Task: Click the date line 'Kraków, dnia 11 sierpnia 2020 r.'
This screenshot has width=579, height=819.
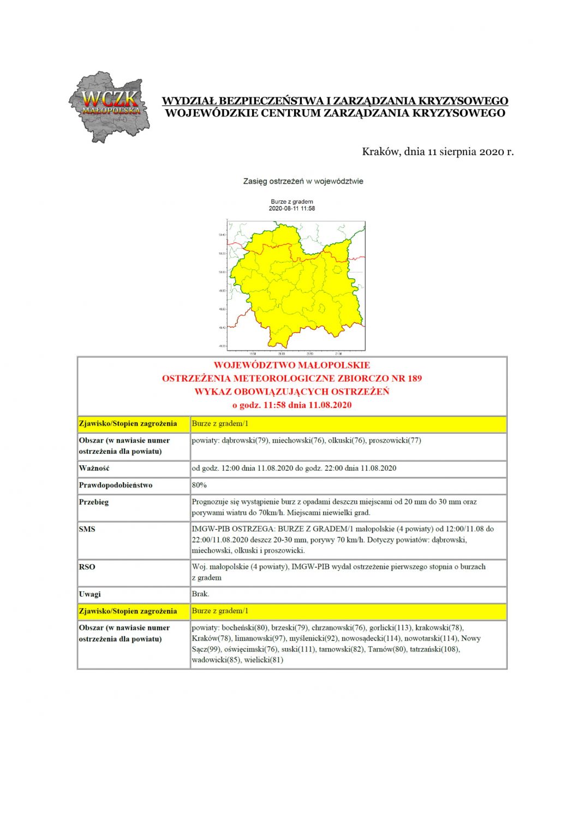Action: click(x=438, y=151)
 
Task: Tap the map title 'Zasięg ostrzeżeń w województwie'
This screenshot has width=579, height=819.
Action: click(x=303, y=181)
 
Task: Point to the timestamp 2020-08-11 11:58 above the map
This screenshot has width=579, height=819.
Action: click(x=292, y=209)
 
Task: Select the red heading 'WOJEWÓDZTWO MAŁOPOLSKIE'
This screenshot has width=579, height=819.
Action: click(x=291, y=365)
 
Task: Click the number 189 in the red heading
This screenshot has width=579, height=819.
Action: click(x=414, y=378)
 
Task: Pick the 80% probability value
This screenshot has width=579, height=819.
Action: click(x=199, y=485)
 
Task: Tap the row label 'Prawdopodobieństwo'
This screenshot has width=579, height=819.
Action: click(x=116, y=485)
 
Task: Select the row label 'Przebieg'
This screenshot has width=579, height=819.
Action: click(x=94, y=502)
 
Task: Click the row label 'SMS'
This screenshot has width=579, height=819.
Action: click(x=87, y=529)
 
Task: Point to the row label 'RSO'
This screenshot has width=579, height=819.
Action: click(x=87, y=567)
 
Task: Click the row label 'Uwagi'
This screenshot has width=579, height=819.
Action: click(x=90, y=594)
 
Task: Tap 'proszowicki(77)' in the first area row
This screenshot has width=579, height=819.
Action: click(x=395, y=440)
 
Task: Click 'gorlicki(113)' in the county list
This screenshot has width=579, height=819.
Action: click(x=390, y=628)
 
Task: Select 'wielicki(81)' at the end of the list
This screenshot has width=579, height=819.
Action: click(x=264, y=660)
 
